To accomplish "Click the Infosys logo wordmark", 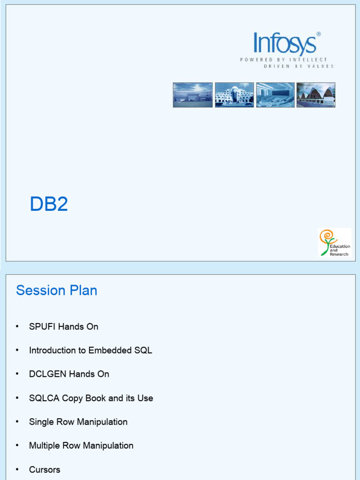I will [285, 44].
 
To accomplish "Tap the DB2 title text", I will [49, 204].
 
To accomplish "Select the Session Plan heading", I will [56, 290].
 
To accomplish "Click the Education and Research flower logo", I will [334, 242].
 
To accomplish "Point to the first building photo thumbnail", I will [193, 95].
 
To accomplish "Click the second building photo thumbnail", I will [234, 95].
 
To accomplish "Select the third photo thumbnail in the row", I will [275, 95].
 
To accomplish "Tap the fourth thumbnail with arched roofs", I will [316, 95].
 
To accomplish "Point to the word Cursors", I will [45, 470].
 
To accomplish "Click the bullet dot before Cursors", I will [17, 470].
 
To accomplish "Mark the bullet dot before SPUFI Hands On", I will [17, 327].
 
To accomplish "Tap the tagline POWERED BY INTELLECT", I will [284, 60].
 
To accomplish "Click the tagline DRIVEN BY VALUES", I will [299, 67].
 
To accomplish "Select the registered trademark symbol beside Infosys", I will [319, 34].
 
